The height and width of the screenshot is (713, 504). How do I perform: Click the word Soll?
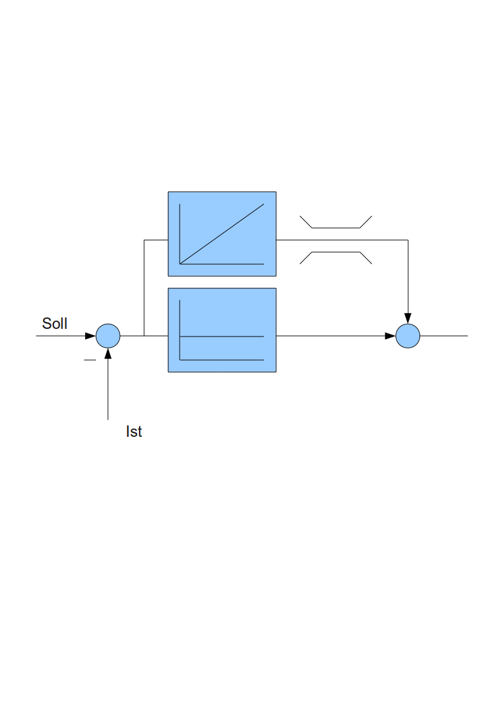(55, 323)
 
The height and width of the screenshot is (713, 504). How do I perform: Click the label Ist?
(133, 431)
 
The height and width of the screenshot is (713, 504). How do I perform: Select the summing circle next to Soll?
(108, 336)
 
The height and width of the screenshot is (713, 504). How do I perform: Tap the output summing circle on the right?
(408, 336)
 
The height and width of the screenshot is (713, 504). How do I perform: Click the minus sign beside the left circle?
(90, 360)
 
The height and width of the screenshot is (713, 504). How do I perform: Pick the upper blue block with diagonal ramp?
(222, 234)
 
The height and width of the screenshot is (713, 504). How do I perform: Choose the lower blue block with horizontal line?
(222, 330)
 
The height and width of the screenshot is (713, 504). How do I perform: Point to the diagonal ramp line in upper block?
(222, 234)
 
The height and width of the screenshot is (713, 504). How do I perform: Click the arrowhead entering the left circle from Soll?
(90, 336)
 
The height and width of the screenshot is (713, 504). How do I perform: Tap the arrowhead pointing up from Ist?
(108, 353)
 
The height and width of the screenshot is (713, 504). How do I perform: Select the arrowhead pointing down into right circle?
(408, 318)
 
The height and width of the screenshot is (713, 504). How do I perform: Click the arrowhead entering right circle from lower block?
(390, 336)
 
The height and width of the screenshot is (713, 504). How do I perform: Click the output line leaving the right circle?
(444, 336)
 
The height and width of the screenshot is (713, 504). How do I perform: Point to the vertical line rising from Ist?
(108, 389)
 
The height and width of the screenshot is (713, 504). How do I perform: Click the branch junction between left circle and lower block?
(144, 336)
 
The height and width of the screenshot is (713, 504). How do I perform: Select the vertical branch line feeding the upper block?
(144, 288)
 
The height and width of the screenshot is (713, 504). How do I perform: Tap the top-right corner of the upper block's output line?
(408, 240)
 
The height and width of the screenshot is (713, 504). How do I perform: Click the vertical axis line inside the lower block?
(180, 330)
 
